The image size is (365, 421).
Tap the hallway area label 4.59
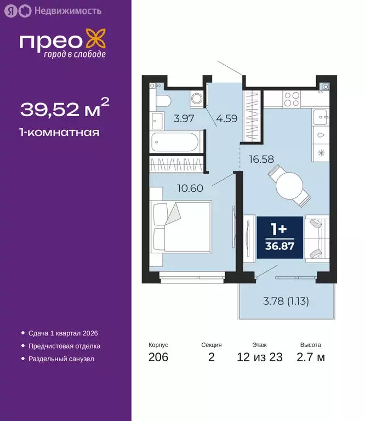click(x=226, y=117)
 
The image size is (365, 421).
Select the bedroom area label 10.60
click(x=191, y=188)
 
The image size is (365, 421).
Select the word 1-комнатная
click(x=59, y=132)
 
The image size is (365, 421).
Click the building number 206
click(x=158, y=357)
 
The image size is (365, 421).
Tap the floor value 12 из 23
click(x=260, y=357)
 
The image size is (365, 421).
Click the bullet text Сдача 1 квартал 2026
click(x=62, y=333)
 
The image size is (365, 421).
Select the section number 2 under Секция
click(x=211, y=357)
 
